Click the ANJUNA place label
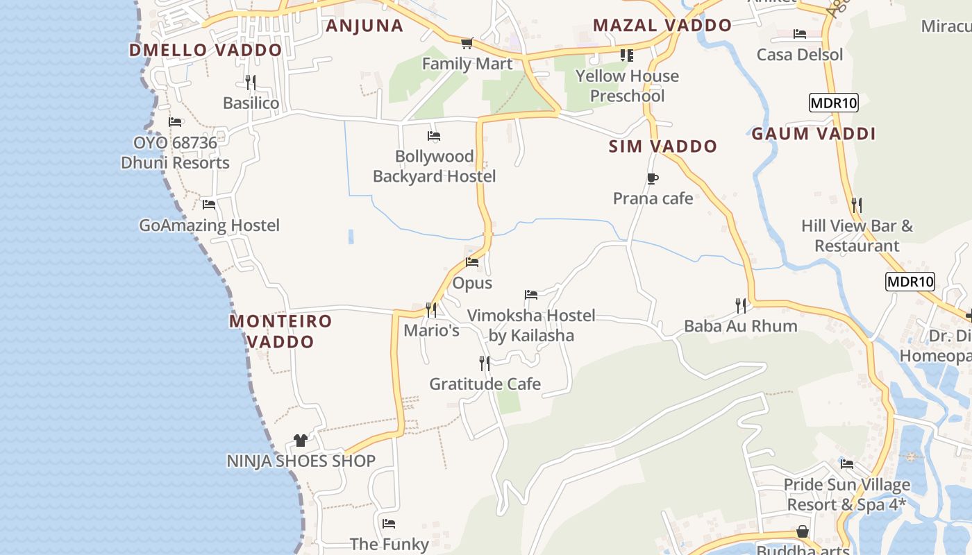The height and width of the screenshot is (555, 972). click(x=364, y=26)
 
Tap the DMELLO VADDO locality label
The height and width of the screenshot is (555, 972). click(x=206, y=50)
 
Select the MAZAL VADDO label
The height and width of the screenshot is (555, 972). click(x=662, y=26)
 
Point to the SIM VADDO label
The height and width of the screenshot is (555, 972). click(x=662, y=146)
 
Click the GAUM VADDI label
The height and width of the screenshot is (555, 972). click(x=813, y=134)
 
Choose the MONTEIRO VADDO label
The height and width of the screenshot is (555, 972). click(x=280, y=331)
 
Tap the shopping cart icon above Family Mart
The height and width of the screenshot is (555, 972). click(x=467, y=43)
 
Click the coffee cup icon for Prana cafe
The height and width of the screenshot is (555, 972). click(x=652, y=178)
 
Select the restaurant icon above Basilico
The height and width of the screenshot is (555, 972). click(x=251, y=82)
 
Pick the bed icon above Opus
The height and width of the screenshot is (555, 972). click(x=472, y=262)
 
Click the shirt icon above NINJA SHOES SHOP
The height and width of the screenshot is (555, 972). click(x=301, y=440)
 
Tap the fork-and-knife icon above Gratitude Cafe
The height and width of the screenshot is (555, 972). click(x=485, y=363)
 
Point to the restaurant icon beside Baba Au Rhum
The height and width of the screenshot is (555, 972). click(x=741, y=305)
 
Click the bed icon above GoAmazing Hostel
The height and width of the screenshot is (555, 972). click(x=208, y=204)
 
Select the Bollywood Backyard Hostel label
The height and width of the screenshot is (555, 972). click(x=434, y=166)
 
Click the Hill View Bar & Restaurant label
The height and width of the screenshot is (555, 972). click(x=857, y=236)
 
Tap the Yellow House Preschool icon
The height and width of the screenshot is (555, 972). click(x=627, y=55)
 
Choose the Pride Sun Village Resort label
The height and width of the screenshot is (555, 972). click(x=846, y=494)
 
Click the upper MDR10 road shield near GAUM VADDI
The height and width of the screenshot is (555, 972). click(x=834, y=103)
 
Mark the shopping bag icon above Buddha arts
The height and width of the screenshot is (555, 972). click(x=803, y=531)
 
